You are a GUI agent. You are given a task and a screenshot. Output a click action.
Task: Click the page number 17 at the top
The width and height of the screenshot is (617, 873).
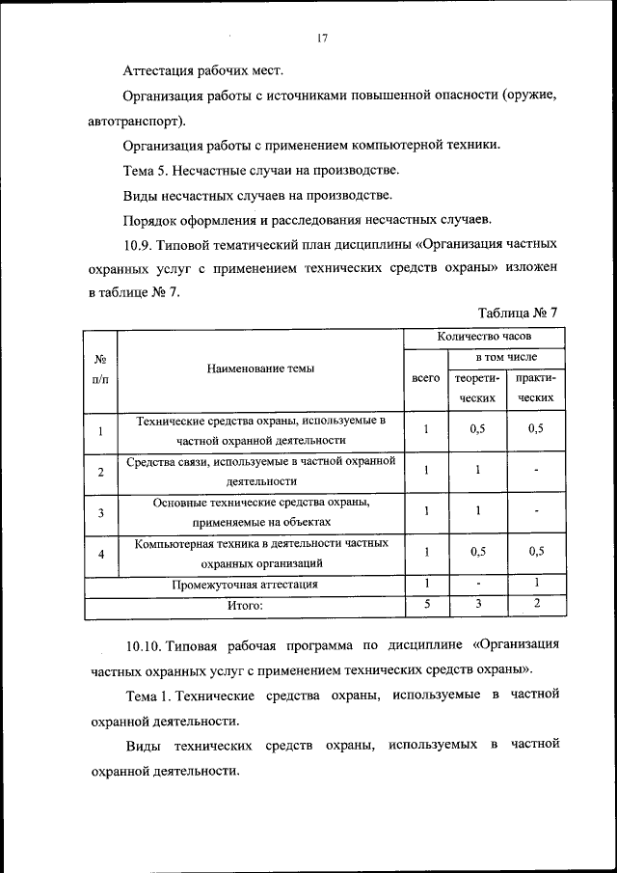[x=322, y=39]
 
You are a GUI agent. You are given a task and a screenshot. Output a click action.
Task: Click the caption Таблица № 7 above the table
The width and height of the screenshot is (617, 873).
[x=518, y=313]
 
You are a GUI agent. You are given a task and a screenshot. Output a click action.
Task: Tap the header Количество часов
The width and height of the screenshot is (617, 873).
[x=483, y=337]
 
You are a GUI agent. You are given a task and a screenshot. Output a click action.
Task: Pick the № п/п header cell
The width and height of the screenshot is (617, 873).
[x=100, y=368]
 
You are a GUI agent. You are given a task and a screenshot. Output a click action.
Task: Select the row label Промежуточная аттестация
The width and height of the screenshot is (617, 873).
[x=245, y=585]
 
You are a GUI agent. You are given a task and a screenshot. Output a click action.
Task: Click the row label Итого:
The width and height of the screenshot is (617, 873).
[x=245, y=606]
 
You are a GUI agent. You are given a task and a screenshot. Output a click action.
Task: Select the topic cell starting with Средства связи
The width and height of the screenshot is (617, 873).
[x=261, y=471]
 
